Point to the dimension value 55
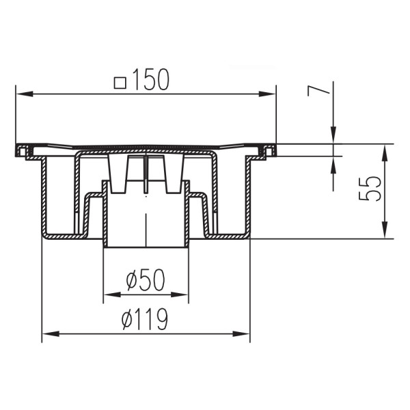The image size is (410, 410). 370,189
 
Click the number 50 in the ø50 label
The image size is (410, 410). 154,280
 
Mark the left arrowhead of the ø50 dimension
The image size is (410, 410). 108,295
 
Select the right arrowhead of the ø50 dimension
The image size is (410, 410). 183,295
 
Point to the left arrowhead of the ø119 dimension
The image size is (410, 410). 47,334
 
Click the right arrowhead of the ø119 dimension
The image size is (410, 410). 245,334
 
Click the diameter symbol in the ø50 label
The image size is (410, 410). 133,280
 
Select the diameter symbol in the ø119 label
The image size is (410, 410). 126,318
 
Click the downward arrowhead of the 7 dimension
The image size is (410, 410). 333,139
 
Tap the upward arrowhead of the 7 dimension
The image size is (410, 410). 333,161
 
